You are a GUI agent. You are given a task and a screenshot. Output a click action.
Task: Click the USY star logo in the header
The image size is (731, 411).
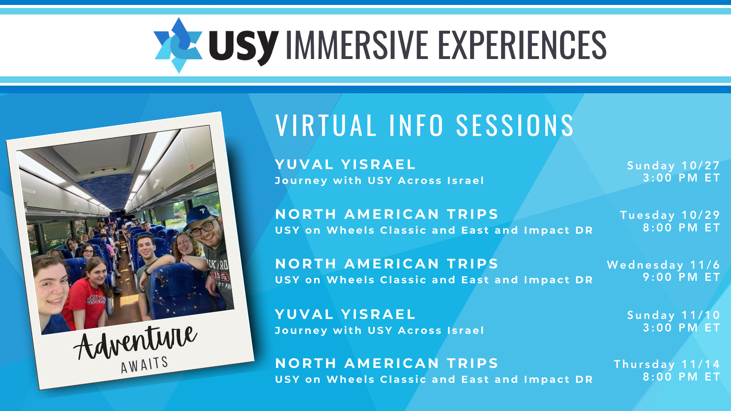click(178, 45)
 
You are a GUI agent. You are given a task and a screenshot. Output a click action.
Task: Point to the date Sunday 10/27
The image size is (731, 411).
click(674, 166)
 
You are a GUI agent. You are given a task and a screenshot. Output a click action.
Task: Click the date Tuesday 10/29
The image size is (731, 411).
click(670, 215)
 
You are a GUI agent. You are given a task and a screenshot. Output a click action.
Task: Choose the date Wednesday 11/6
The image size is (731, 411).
click(663, 265)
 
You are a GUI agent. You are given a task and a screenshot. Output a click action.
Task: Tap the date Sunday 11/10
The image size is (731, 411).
click(674, 315)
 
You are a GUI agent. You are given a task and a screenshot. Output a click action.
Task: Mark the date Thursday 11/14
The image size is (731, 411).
click(667, 364)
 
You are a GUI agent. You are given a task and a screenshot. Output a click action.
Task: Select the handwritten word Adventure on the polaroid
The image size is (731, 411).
click(135, 342)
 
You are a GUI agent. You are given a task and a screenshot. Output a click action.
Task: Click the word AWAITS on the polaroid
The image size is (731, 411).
click(145, 365)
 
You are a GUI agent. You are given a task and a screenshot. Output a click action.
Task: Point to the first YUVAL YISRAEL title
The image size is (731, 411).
click(345, 164)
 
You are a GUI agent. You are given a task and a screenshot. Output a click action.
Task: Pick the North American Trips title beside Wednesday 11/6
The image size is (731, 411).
click(387, 264)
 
